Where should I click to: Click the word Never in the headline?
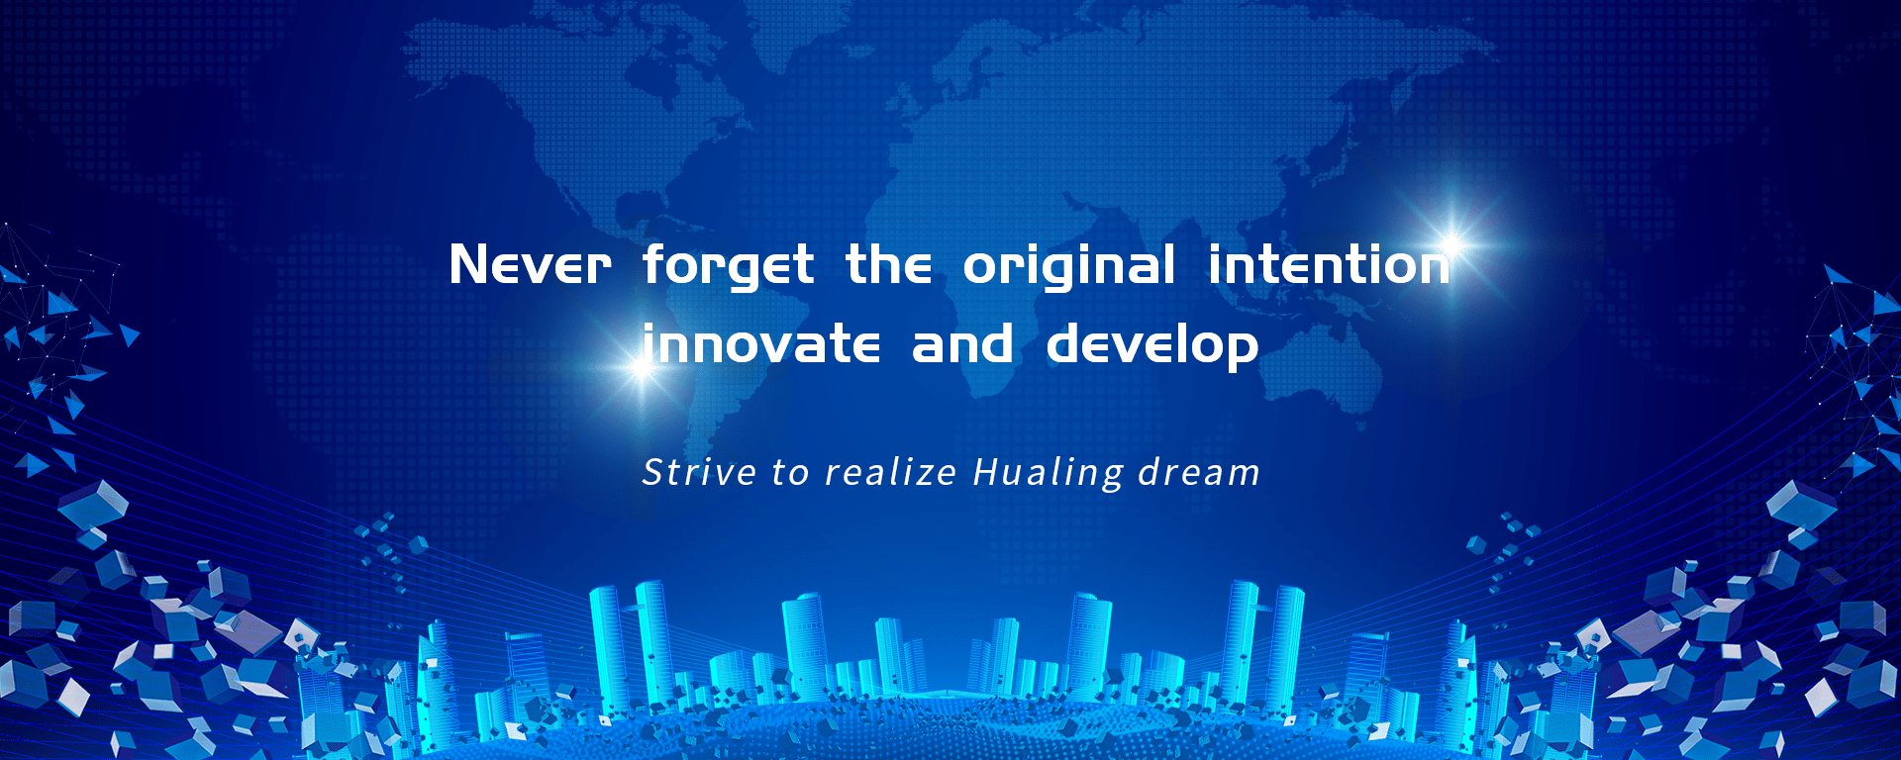(531, 265)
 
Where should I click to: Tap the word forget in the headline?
(729, 266)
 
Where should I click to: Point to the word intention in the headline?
(1329, 265)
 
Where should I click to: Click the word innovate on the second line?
(760, 343)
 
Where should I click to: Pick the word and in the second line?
(962, 343)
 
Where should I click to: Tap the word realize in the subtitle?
(891, 472)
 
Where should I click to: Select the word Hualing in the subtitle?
(1049, 473)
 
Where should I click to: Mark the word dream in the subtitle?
(1199, 472)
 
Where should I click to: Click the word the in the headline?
(888, 265)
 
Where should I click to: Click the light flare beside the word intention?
(1452, 240)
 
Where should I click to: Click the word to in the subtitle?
(791, 474)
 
